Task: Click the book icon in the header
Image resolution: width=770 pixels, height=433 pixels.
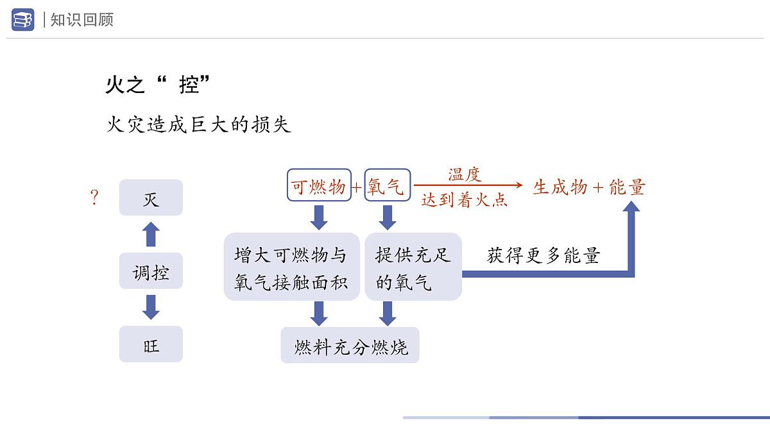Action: [x=22, y=19]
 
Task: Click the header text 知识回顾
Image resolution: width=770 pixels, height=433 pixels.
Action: [x=81, y=20]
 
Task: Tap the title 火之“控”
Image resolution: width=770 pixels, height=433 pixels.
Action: [x=158, y=85]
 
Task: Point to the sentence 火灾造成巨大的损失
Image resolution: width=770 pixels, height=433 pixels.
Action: [x=199, y=124]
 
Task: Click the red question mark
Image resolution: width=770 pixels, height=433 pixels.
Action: [x=95, y=198]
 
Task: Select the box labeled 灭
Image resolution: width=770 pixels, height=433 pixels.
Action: [x=151, y=198]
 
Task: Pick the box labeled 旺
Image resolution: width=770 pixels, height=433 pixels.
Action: [x=151, y=344]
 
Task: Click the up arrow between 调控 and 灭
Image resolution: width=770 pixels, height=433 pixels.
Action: [x=151, y=234]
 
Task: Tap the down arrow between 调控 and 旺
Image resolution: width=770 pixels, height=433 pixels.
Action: [x=151, y=307]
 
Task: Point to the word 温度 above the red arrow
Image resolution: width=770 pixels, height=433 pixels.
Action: [x=465, y=174]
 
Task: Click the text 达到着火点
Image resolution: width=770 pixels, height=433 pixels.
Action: [x=465, y=200]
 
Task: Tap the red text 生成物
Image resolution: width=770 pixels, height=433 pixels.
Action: [x=560, y=187]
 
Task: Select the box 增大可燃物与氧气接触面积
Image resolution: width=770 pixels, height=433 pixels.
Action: [x=291, y=267]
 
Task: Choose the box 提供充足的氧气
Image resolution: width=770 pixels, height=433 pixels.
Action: [x=413, y=267]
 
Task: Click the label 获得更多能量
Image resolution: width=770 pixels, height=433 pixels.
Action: [x=543, y=256]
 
